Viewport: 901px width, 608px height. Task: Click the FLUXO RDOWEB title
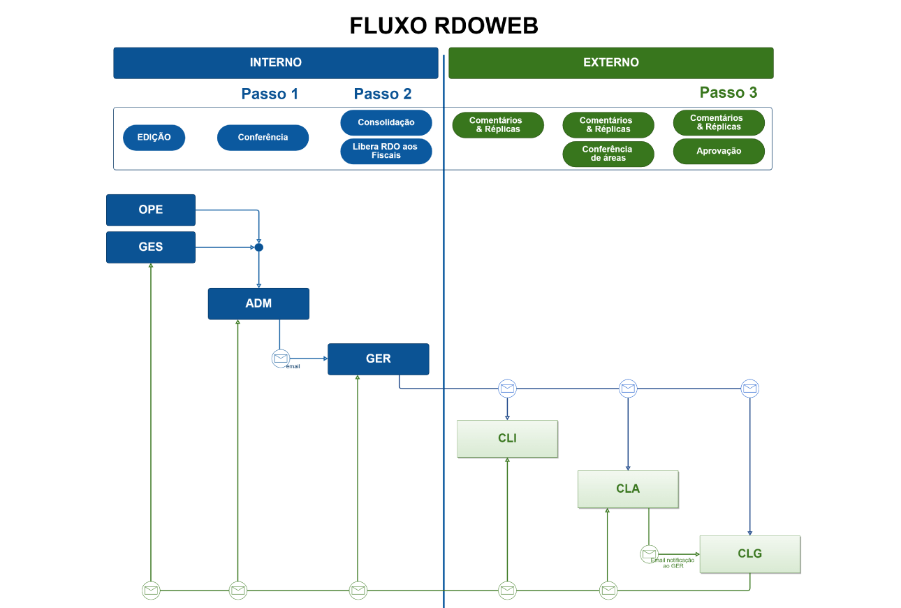tap(444, 26)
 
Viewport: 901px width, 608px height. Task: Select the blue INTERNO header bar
tap(275, 62)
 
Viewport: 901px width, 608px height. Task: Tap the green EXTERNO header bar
tap(610, 62)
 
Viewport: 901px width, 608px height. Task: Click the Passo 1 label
tap(270, 94)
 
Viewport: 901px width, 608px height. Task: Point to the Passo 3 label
tap(728, 92)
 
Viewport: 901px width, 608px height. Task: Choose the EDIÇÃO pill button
tap(154, 138)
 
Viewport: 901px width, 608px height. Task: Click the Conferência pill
tap(263, 138)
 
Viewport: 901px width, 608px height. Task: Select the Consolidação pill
tap(386, 122)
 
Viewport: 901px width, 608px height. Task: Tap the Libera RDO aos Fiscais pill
tap(386, 151)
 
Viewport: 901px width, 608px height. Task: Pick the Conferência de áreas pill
tap(608, 154)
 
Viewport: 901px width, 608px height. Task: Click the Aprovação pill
tap(719, 151)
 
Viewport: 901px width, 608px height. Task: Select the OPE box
tap(150, 210)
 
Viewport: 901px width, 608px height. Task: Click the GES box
tap(150, 247)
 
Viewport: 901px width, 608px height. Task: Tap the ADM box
tap(258, 303)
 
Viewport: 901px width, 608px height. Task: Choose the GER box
tap(378, 359)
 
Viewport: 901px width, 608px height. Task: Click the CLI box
tap(507, 438)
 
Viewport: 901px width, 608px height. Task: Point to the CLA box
tap(627, 488)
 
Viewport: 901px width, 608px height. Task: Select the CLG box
tap(749, 553)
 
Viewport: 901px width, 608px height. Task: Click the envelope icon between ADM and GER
tap(281, 358)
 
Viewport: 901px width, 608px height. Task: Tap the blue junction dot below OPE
tap(258, 247)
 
